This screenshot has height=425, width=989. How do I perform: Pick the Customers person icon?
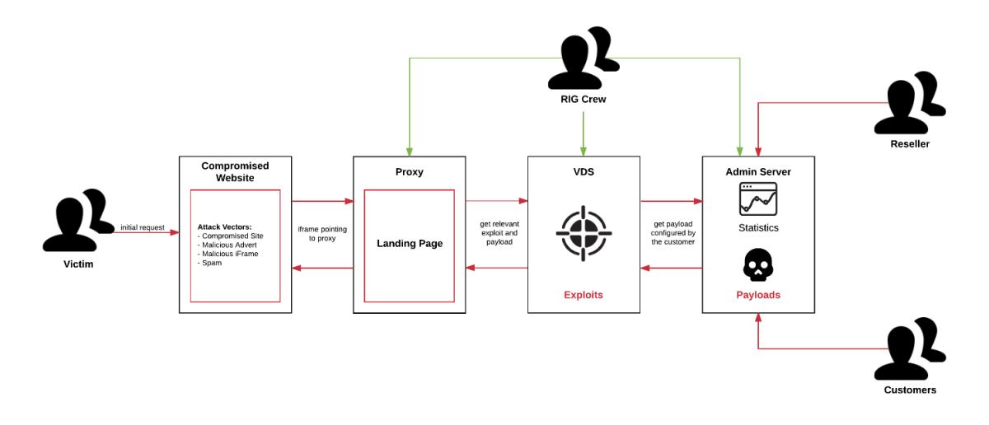[910, 349]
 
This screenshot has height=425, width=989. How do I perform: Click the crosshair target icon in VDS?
[584, 233]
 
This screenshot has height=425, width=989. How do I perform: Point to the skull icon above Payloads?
[758, 265]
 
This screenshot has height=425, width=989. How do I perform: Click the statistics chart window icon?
[758, 199]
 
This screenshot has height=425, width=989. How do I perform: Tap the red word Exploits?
[584, 295]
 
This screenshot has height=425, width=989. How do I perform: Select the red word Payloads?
[758, 295]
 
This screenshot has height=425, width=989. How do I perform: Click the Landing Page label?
[410, 244]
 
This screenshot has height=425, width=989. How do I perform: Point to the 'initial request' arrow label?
[143, 227]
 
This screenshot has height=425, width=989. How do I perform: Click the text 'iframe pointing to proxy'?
[322, 233]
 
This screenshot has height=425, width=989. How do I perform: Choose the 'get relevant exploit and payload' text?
[499, 232]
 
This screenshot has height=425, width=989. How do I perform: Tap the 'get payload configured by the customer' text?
[673, 232]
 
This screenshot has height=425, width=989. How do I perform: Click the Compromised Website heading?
[235, 171]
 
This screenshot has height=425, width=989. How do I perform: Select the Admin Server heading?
[758, 172]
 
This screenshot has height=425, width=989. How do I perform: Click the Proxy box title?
[409, 171]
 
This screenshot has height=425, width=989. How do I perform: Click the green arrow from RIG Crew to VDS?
[584, 132]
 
